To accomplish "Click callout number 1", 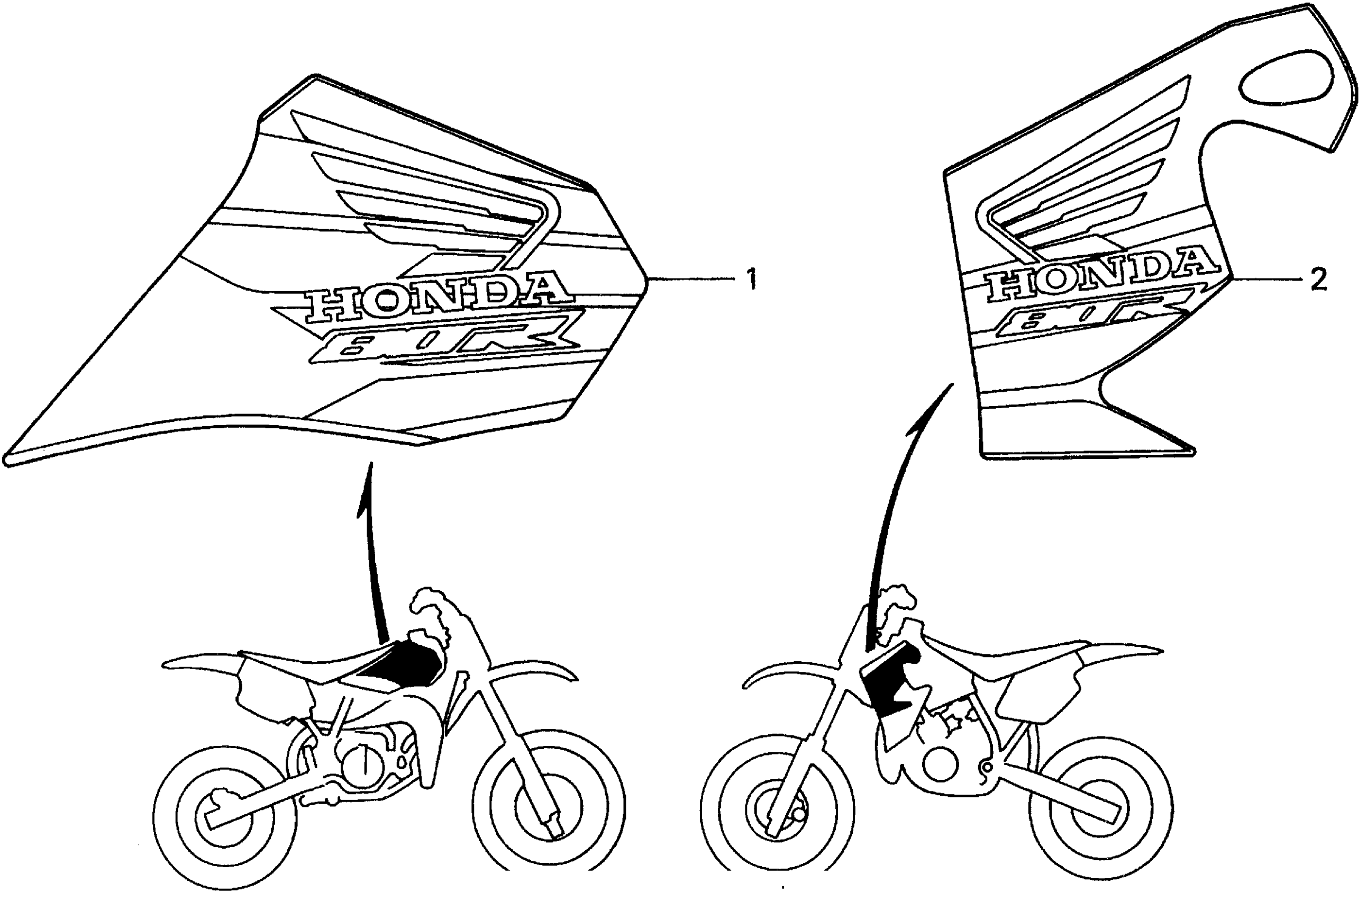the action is tap(751, 280).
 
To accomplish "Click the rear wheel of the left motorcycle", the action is tap(226, 817).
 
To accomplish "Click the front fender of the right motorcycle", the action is tap(787, 676).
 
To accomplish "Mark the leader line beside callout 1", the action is tap(689, 280).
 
